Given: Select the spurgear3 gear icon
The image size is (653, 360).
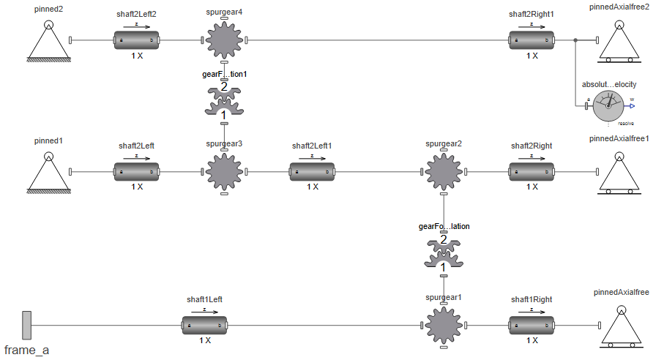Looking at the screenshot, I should click(x=224, y=172).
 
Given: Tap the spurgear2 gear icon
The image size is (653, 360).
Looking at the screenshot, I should click(x=444, y=172).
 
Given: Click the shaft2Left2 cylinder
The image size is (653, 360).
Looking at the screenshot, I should click(x=136, y=40).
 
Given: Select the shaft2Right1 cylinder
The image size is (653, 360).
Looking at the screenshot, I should click(x=531, y=40).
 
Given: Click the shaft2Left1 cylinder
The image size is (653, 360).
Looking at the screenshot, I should click(x=312, y=172).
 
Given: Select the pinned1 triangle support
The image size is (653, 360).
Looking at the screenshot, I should click(x=48, y=173).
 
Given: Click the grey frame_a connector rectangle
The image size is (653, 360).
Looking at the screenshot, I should click(x=26, y=326).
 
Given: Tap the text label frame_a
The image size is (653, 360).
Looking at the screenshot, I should click(x=26, y=350).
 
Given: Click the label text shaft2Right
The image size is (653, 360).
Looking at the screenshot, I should click(x=531, y=146).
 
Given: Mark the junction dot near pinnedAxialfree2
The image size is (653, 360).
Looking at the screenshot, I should click(x=575, y=40).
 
